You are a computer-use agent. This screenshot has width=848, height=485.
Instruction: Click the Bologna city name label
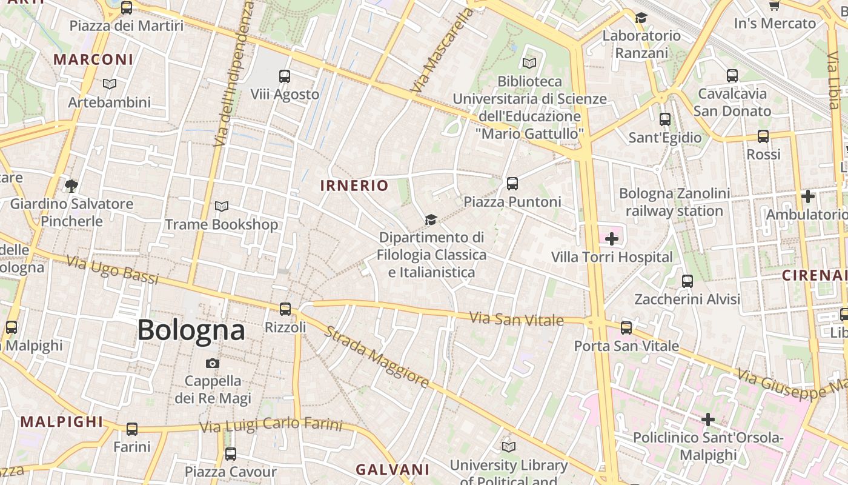(x=191, y=330)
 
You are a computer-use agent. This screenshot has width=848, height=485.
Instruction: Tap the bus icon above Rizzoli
(x=285, y=309)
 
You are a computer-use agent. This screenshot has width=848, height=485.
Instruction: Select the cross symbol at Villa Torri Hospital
(x=612, y=239)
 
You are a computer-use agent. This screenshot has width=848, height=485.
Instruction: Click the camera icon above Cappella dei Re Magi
(x=213, y=363)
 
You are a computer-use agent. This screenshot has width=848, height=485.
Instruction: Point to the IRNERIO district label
(x=354, y=186)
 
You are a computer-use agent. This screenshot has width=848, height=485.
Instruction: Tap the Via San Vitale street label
(x=517, y=319)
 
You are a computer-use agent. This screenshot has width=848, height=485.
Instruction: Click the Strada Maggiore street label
(x=377, y=357)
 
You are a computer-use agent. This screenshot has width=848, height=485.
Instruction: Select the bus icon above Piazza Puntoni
(x=512, y=184)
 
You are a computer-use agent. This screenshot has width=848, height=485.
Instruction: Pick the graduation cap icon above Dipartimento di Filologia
(x=431, y=219)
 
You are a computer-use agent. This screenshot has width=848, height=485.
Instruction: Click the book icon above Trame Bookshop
(x=222, y=207)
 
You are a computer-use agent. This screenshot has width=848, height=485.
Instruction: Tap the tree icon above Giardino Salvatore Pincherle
(x=71, y=186)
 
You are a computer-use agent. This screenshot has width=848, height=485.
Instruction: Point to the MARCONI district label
(x=93, y=59)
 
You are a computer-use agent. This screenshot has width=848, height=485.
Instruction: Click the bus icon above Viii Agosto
(x=285, y=76)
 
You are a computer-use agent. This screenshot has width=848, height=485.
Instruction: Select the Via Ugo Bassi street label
(x=112, y=270)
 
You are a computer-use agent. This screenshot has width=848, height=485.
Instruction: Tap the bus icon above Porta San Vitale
(x=626, y=328)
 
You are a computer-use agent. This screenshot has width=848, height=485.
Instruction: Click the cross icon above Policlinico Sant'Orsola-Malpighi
(x=707, y=420)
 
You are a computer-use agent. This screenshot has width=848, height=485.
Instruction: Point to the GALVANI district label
(x=393, y=469)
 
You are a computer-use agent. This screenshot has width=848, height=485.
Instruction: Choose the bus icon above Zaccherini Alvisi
(x=687, y=281)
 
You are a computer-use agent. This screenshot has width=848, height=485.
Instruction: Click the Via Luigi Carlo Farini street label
(x=271, y=426)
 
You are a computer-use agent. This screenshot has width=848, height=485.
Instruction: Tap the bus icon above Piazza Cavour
(x=230, y=454)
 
